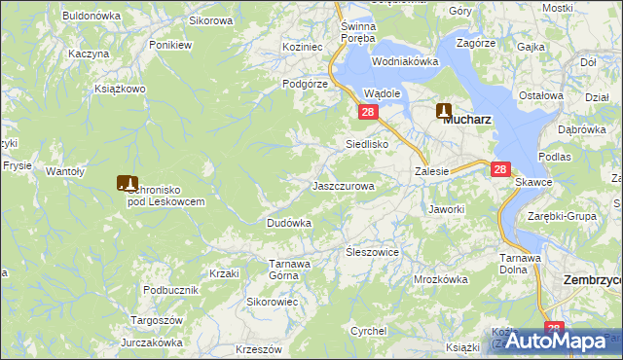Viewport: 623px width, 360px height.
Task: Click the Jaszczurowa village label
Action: point(343,185)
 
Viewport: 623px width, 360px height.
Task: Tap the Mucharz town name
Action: point(466,120)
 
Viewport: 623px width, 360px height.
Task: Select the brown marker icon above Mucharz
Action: point(444,110)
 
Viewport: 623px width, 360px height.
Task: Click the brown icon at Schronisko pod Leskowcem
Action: point(127,182)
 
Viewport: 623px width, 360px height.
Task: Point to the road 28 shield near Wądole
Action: point(368,113)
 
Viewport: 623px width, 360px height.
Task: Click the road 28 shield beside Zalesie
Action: point(500,169)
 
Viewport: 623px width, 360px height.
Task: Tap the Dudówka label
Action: point(289,223)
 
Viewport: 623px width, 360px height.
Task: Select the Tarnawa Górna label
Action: point(290,270)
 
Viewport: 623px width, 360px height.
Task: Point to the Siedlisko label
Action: point(368,144)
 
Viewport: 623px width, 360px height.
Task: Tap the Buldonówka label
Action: point(91,16)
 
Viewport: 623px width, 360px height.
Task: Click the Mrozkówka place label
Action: point(441,279)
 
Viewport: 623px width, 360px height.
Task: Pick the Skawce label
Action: point(534,182)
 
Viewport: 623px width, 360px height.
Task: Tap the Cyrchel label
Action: point(369,331)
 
